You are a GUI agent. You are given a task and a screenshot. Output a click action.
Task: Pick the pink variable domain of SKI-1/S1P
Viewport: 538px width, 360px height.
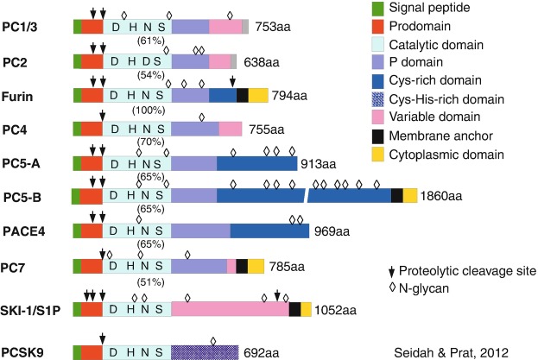(230, 309)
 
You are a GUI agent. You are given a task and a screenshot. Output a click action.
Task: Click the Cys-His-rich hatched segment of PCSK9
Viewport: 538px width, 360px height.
(205, 352)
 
